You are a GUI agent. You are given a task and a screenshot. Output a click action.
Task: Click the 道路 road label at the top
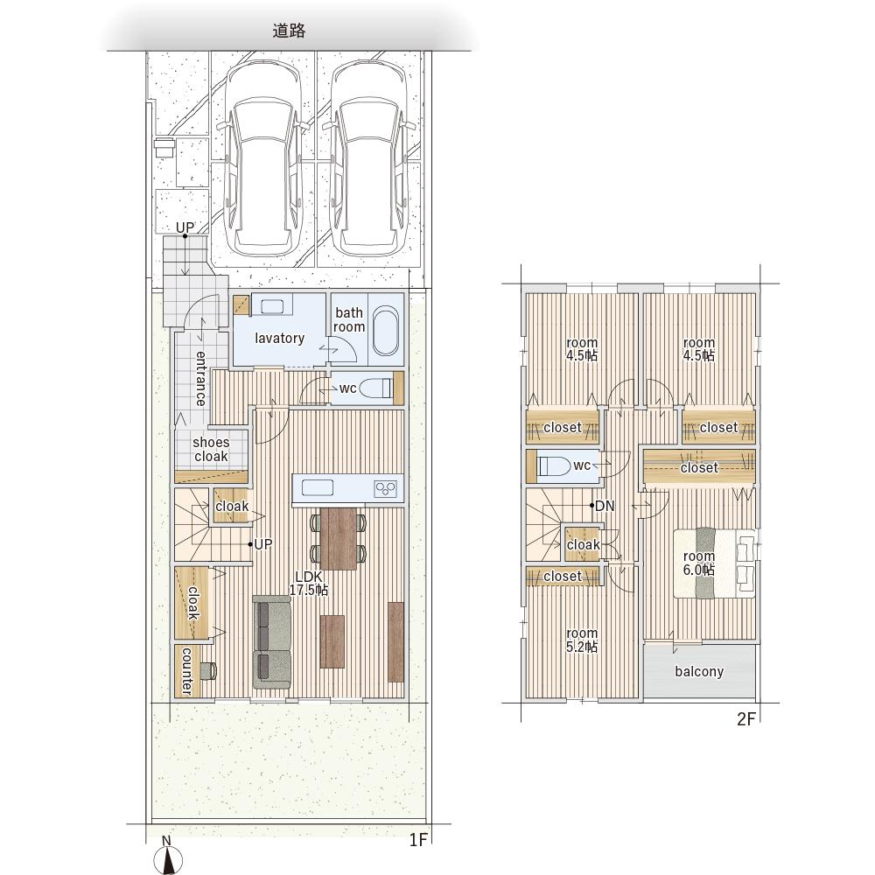(289, 31)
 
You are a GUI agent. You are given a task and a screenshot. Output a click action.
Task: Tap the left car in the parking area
(262, 157)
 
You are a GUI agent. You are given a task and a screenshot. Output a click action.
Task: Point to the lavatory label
(280, 338)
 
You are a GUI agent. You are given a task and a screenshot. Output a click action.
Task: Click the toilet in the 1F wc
(375, 388)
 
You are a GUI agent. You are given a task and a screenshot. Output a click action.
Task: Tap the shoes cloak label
(211, 449)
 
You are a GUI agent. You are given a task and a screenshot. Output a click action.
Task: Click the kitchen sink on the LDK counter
(318, 487)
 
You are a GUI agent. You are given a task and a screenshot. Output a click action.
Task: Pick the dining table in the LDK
(339, 538)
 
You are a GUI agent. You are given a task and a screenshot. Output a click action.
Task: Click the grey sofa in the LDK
(272, 641)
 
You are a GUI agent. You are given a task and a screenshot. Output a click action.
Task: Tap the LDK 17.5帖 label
(309, 583)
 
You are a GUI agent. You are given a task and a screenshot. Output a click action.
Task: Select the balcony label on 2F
(699, 671)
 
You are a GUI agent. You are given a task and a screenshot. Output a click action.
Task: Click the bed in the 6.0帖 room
(715, 563)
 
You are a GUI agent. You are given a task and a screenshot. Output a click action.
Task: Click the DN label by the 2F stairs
(605, 506)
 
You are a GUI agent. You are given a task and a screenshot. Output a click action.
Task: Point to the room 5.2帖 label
(582, 640)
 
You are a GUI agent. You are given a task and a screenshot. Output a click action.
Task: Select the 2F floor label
(745, 719)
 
